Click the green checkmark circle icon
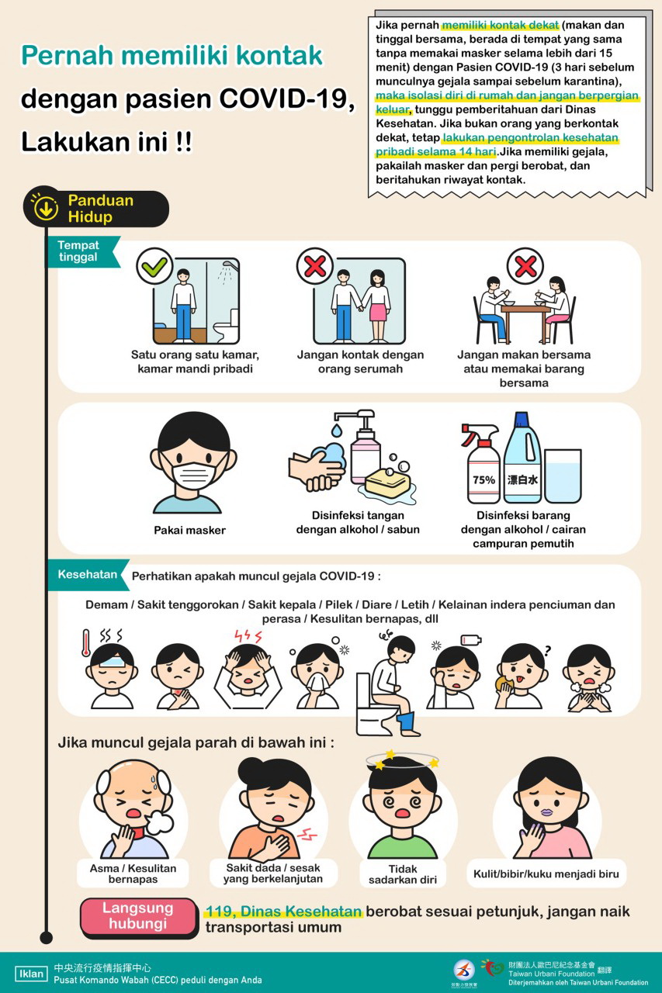[154, 266]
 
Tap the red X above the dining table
[525, 266]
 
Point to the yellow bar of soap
[388, 483]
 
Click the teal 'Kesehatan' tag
[88, 575]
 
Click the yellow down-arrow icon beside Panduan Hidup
[45, 207]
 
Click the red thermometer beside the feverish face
[86, 643]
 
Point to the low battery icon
[471, 640]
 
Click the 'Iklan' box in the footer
[31, 974]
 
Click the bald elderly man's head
[133, 794]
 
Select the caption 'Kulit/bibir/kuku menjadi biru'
[546, 874]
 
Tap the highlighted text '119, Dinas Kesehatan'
[284, 911]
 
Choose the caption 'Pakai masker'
[190, 530]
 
